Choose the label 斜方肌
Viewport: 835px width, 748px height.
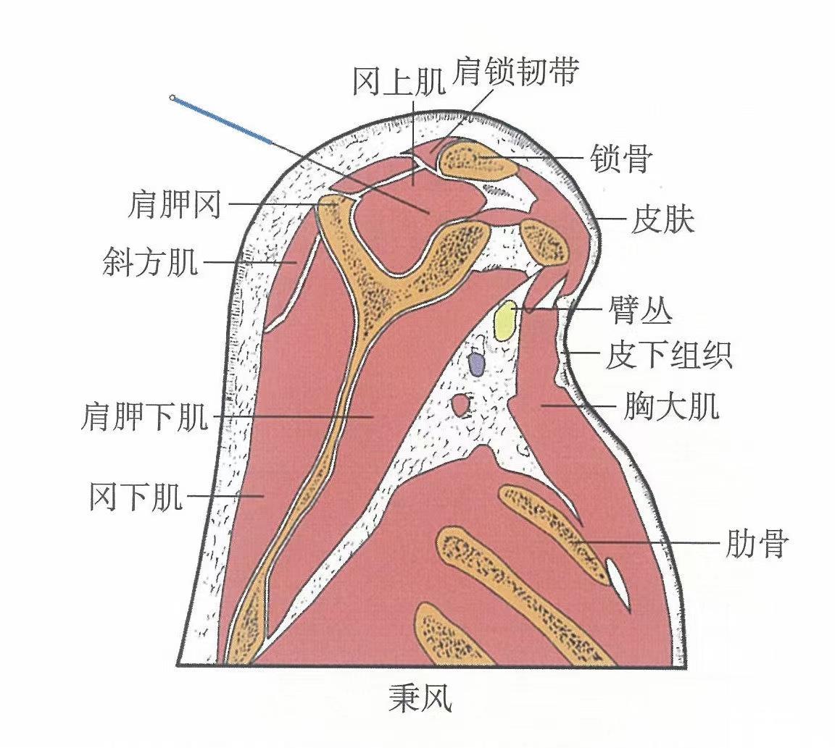click(150, 262)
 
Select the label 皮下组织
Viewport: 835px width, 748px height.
click(668, 356)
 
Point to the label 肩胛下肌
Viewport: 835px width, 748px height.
click(144, 418)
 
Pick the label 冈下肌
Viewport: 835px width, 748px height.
click(136, 498)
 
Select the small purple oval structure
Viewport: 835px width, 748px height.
click(476, 364)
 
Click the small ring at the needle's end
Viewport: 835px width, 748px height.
click(173, 97)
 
